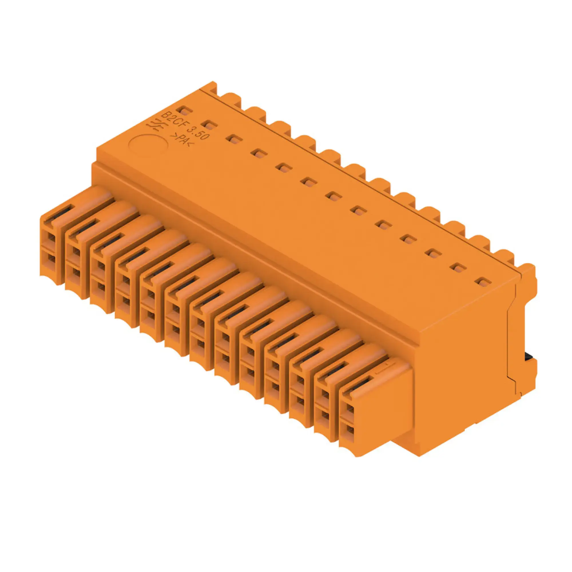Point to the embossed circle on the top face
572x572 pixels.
[149, 146]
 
